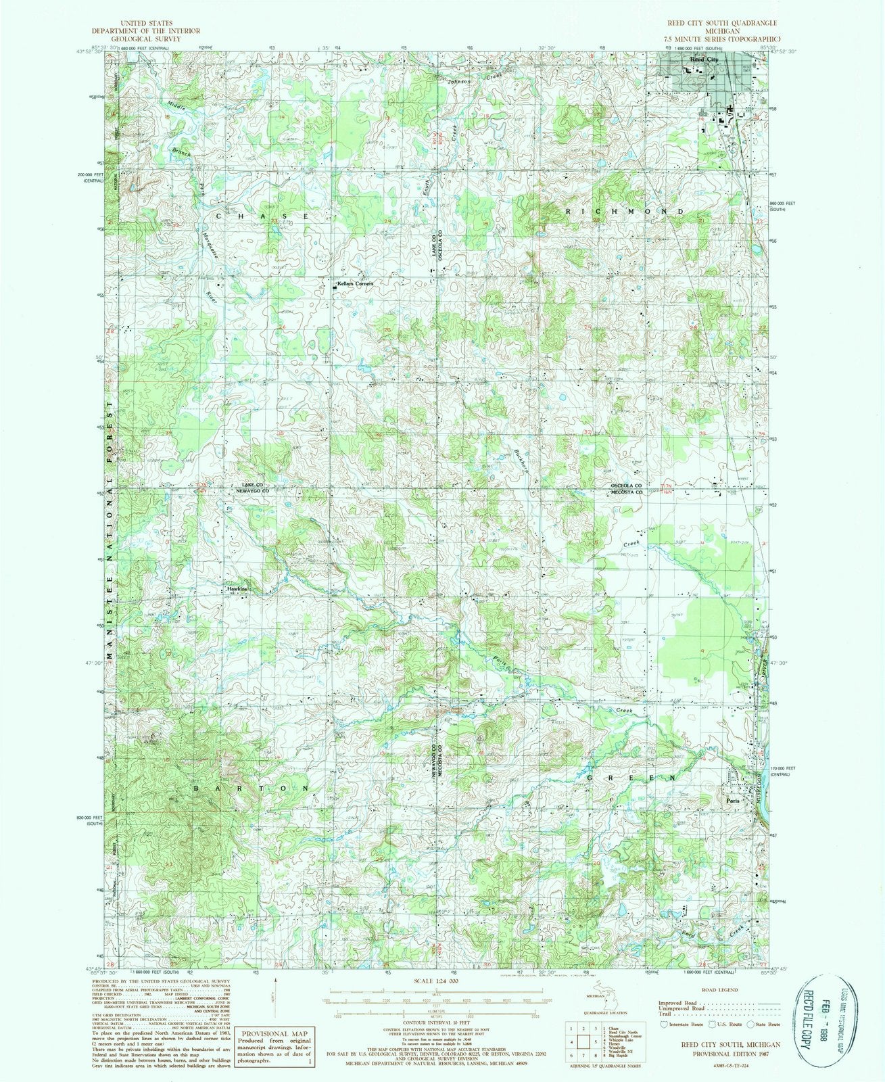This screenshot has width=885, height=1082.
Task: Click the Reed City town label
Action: [704, 60]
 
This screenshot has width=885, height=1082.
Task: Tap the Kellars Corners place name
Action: [355, 284]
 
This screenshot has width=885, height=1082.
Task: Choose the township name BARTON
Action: [253, 789]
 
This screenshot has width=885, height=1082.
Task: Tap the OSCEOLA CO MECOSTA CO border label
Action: [627, 489]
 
